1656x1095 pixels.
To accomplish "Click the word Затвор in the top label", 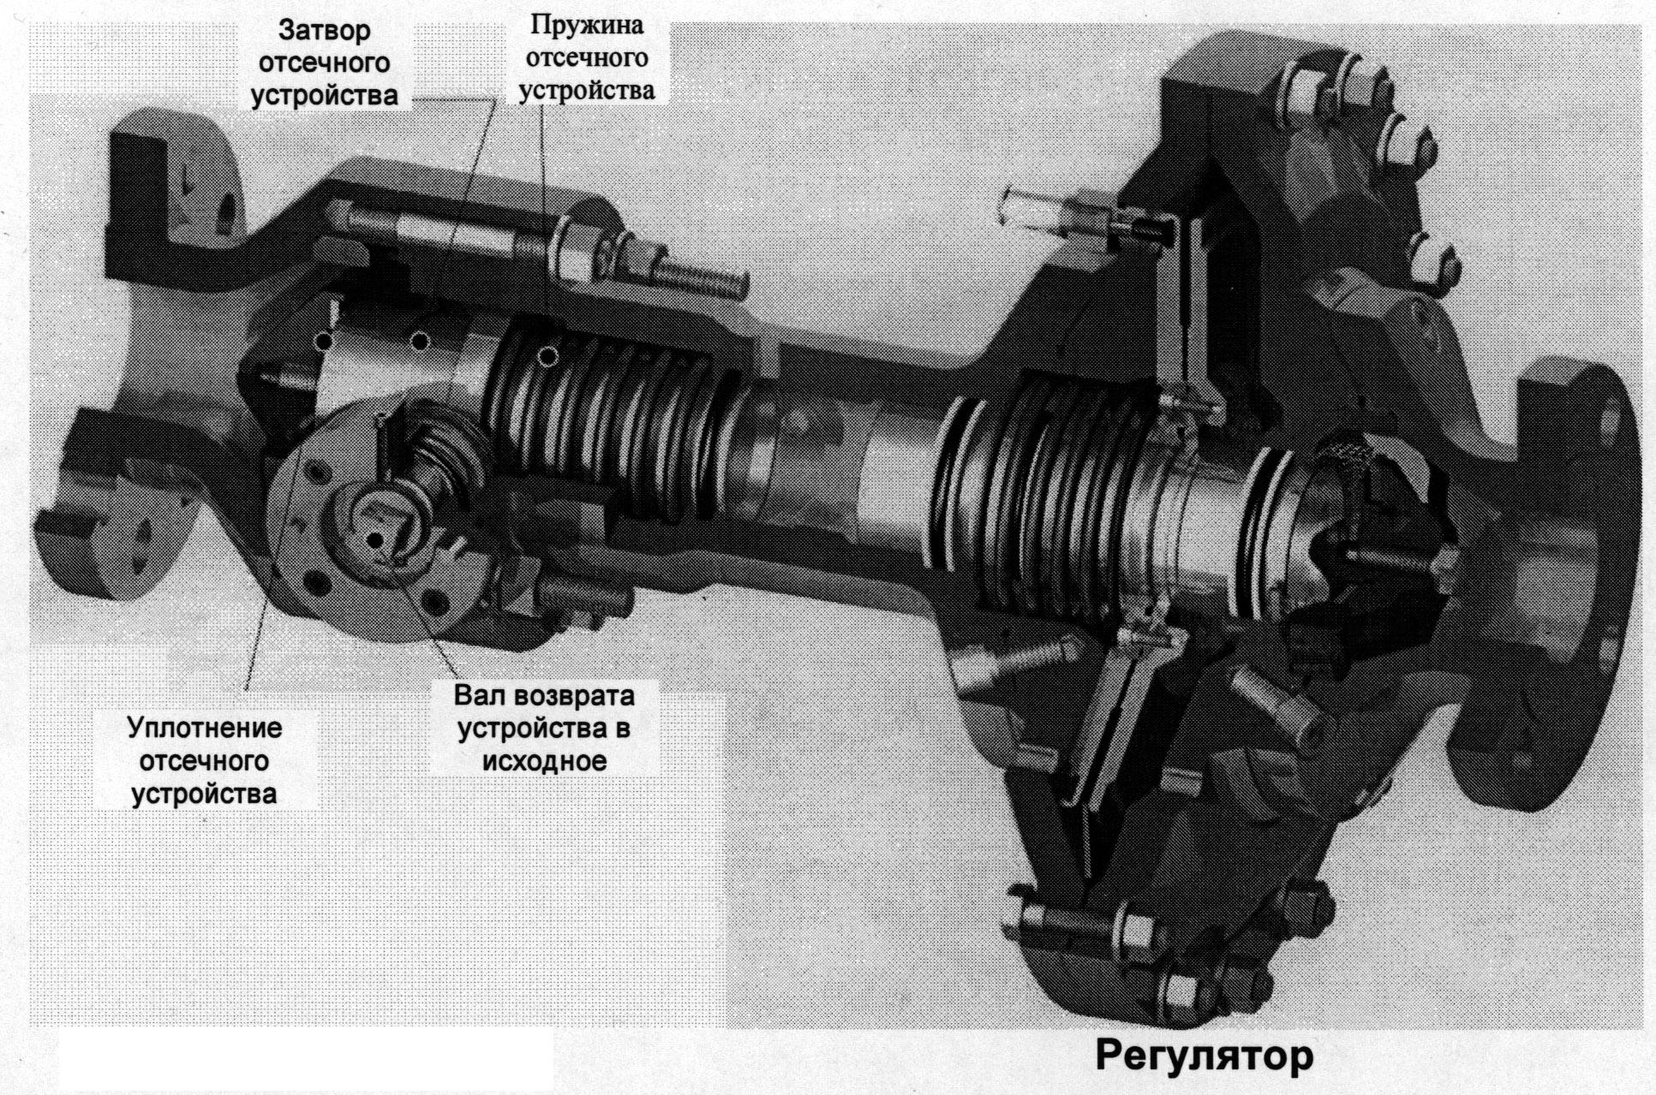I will point(324,30).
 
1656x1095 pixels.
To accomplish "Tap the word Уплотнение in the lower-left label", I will point(205,729).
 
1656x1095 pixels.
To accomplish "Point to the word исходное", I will point(544,761).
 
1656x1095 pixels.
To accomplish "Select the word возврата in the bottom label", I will point(574,696).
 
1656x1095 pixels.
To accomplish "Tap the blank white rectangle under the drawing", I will point(306,1060).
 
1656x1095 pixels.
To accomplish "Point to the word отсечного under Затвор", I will point(324,62).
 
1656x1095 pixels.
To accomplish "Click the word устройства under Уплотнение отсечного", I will point(204,794).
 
